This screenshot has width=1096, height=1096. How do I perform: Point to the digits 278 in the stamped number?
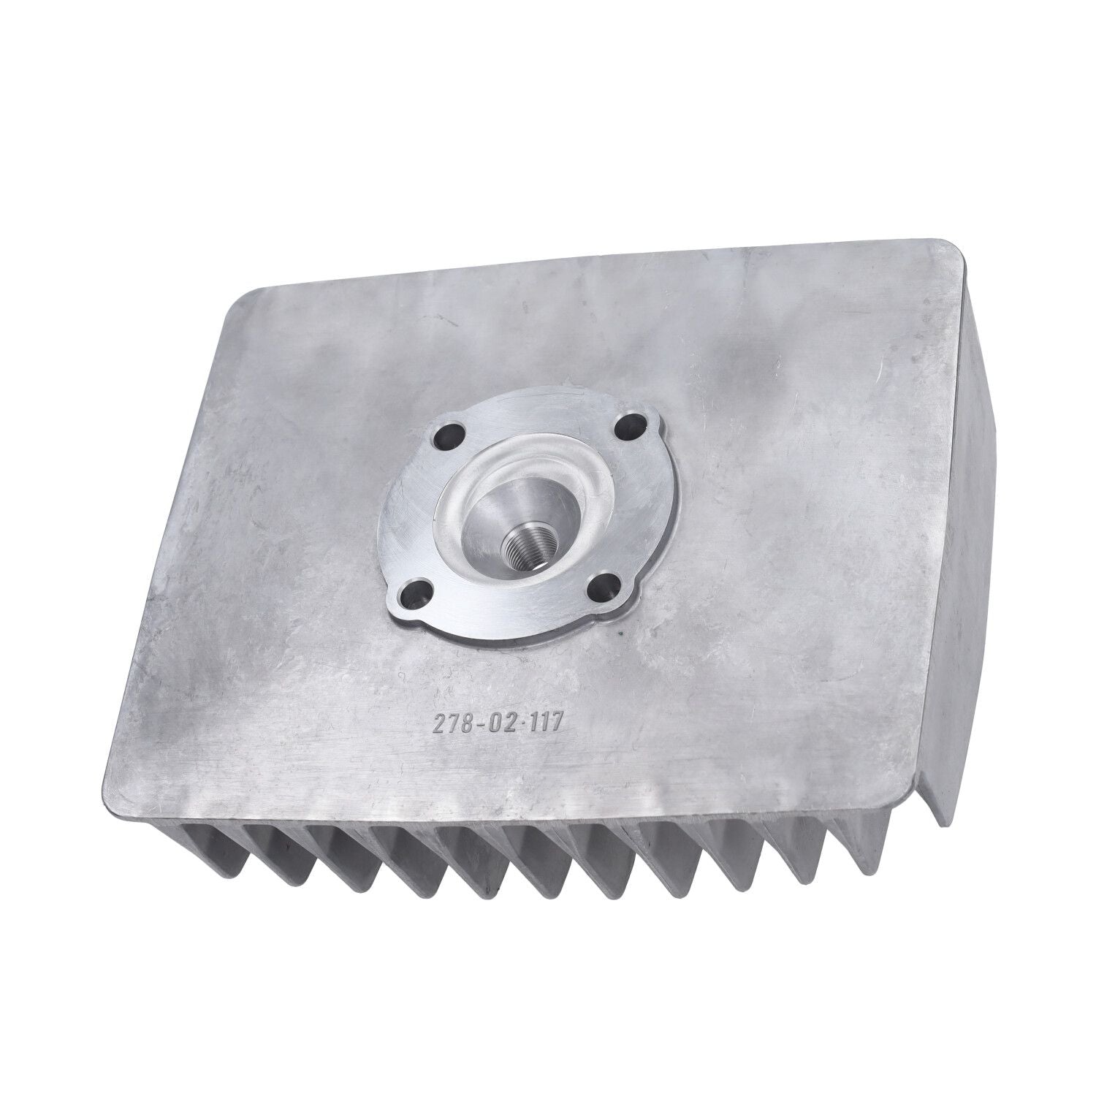[x=451, y=726]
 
